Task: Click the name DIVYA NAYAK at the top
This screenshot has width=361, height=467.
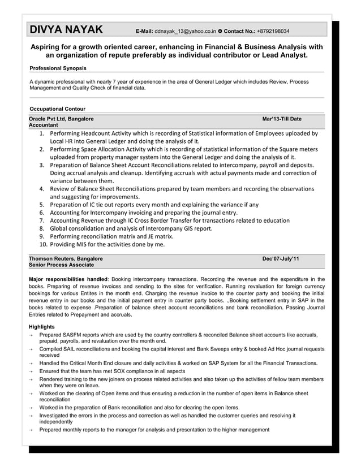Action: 66,29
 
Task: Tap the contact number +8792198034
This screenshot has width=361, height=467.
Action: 270,31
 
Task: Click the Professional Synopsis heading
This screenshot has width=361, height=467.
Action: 58,68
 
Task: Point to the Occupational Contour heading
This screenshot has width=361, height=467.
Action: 57,109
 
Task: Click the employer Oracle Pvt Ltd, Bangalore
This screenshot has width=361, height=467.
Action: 61,119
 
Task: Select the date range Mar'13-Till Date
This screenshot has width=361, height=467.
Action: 282,119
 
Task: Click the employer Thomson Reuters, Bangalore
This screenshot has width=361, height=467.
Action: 66,258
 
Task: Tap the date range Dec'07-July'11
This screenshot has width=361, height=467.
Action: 281,258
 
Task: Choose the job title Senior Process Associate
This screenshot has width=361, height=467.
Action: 62,265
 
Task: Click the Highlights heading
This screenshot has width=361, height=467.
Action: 42,327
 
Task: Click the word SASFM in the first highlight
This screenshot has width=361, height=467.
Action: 74,335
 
